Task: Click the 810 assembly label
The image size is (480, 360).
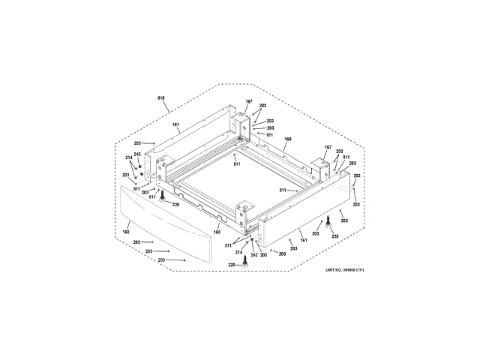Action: click(x=160, y=98)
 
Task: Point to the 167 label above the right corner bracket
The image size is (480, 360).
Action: click(x=328, y=147)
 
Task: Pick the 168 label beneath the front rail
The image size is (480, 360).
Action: click(x=217, y=232)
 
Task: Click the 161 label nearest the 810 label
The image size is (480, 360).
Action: click(x=175, y=124)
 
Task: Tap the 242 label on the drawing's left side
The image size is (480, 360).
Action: click(x=137, y=154)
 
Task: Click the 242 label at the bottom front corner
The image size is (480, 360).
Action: click(x=254, y=255)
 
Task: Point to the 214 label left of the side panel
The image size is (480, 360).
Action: click(x=128, y=157)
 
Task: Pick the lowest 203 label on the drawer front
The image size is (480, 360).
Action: click(x=161, y=259)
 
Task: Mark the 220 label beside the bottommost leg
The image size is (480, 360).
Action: click(x=232, y=265)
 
